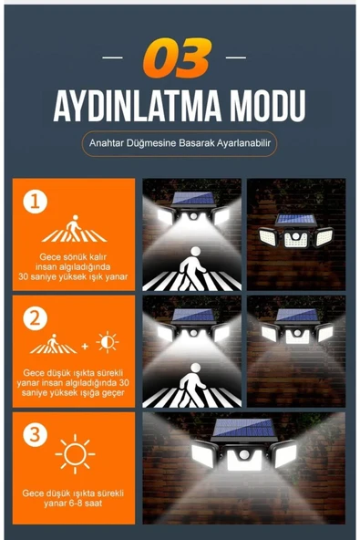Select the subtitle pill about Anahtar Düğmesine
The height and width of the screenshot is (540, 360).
[x=179, y=143]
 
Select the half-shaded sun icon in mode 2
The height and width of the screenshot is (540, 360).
[x=108, y=343]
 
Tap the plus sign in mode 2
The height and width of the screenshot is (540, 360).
[x=87, y=346]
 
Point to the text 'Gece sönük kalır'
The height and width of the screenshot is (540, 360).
[x=73, y=256]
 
